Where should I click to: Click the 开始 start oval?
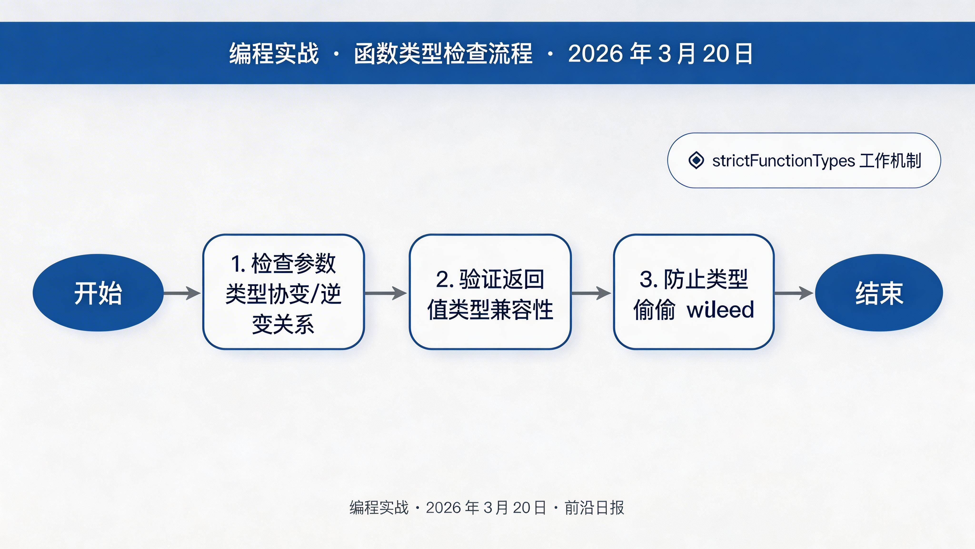pos(98,293)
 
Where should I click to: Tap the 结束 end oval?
pos(879,293)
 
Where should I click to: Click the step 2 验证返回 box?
pos(490,292)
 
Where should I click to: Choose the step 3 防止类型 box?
pos(693,292)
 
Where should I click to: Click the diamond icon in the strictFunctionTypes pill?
pos(696,160)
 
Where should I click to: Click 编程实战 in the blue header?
pos(274,53)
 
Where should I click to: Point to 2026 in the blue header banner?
pos(595,53)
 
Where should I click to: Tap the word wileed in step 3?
pos(721,310)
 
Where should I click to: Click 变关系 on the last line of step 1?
pos(283,324)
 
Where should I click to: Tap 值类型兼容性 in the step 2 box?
pos(490,310)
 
